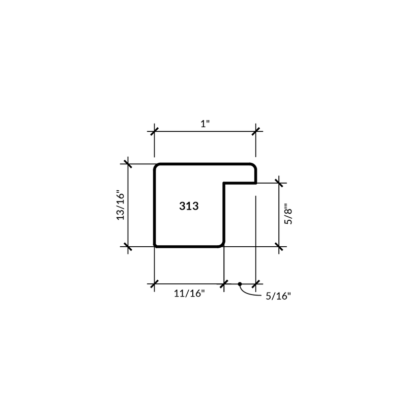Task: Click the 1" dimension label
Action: click(x=205, y=124)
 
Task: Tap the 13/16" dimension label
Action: click(x=121, y=206)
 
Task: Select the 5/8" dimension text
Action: click(x=288, y=214)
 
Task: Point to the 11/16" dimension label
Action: click(x=189, y=294)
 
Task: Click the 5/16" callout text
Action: click(x=278, y=296)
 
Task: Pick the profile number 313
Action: click(x=189, y=206)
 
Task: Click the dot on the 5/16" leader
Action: click(x=240, y=284)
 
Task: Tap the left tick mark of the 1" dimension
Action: click(x=155, y=131)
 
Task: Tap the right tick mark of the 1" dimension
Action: click(x=256, y=131)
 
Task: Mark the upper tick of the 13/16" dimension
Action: click(x=128, y=164)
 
